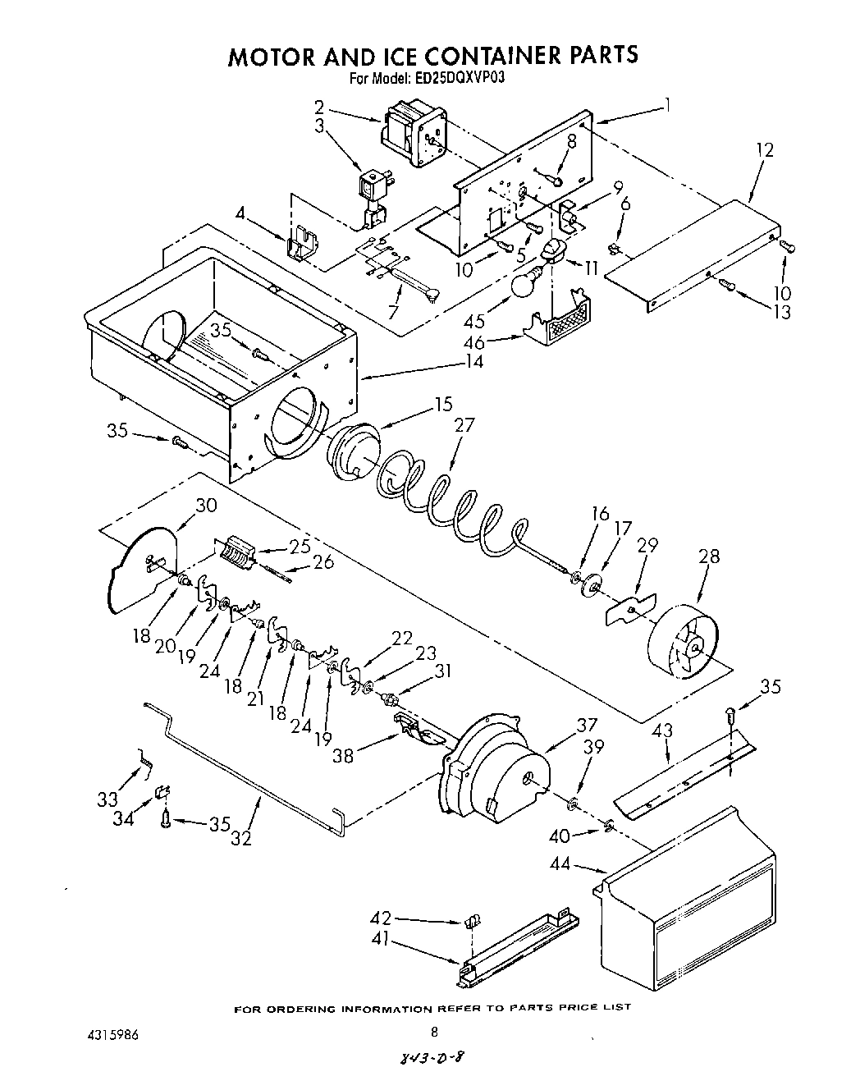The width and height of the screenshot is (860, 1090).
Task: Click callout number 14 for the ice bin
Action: [x=473, y=361]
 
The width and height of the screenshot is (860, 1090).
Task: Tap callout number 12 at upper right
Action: [x=765, y=150]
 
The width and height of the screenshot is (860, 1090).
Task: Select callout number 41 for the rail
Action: [x=379, y=941]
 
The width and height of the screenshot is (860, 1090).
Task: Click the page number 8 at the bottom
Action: [x=435, y=1033]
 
